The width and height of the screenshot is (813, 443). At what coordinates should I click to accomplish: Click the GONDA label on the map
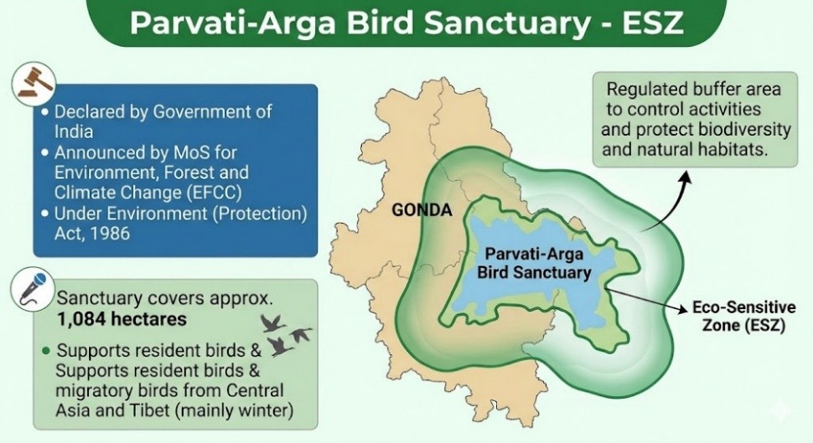pos(422,210)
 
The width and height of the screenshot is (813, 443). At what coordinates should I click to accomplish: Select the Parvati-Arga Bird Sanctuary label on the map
pos(534,263)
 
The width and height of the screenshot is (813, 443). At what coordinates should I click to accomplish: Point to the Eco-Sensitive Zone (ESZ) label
pos(744,316)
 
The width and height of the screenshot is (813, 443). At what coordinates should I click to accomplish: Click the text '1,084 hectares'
pos(122,319)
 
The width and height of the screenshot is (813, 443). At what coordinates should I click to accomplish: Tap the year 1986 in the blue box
pos(110,233)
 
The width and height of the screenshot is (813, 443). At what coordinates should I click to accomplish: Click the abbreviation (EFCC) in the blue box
pos(212,193)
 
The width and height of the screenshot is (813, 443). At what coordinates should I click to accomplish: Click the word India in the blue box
pos(74,131)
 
